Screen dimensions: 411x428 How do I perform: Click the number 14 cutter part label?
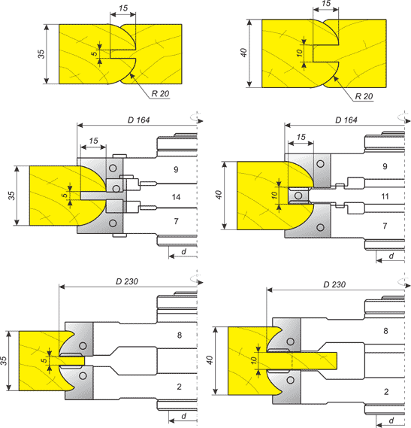(x=176, y=197)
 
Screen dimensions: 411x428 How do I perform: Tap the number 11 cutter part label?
(x=385, y=196)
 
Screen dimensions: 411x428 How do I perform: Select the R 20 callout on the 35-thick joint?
(x=160, y=93)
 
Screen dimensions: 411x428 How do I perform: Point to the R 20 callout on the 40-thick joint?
(x=364, y=96)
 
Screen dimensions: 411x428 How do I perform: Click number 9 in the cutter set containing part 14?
(x=176, y=169)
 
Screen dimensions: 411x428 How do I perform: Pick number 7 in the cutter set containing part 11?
(x=385, y=226)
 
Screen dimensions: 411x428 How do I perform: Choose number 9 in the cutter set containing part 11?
(x=385, y=166)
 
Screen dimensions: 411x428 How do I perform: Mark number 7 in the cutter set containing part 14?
(x=176, y=221)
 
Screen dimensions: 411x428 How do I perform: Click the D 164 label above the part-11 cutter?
(x=346, y=120)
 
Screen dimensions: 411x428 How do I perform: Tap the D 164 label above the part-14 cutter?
(x=138, y=120)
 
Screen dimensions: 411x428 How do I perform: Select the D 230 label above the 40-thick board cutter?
(x=334, y=284)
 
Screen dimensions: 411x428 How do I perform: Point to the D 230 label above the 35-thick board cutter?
(x=127, y=281)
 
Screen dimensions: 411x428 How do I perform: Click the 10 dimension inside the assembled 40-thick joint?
(x=300, y=53)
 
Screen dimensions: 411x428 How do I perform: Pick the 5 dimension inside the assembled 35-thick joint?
(x=95, y=53)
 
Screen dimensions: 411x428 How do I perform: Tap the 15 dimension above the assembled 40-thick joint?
(x=326, y=4)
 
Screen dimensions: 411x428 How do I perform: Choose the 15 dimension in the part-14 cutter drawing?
(x=93, y=141)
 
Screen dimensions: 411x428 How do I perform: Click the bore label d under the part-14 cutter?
(x=184, y=251)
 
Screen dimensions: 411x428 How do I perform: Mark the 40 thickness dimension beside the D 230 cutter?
(x=209, y=360)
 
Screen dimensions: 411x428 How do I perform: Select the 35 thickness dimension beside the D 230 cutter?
(x=3, y=360)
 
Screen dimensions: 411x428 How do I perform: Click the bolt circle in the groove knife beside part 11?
(x=298, y=196)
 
